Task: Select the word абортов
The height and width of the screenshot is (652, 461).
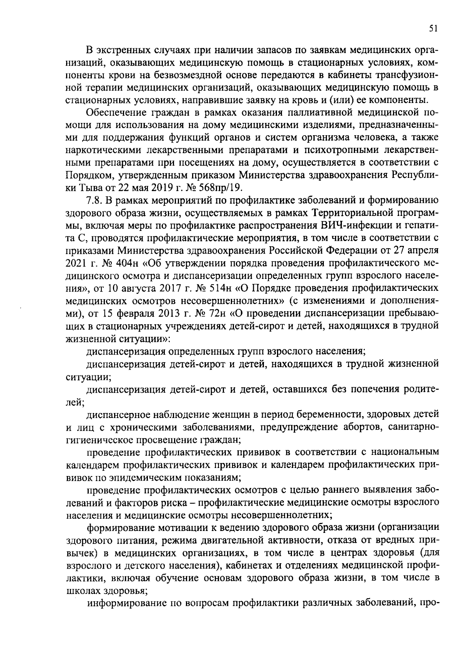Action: [361, 426]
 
